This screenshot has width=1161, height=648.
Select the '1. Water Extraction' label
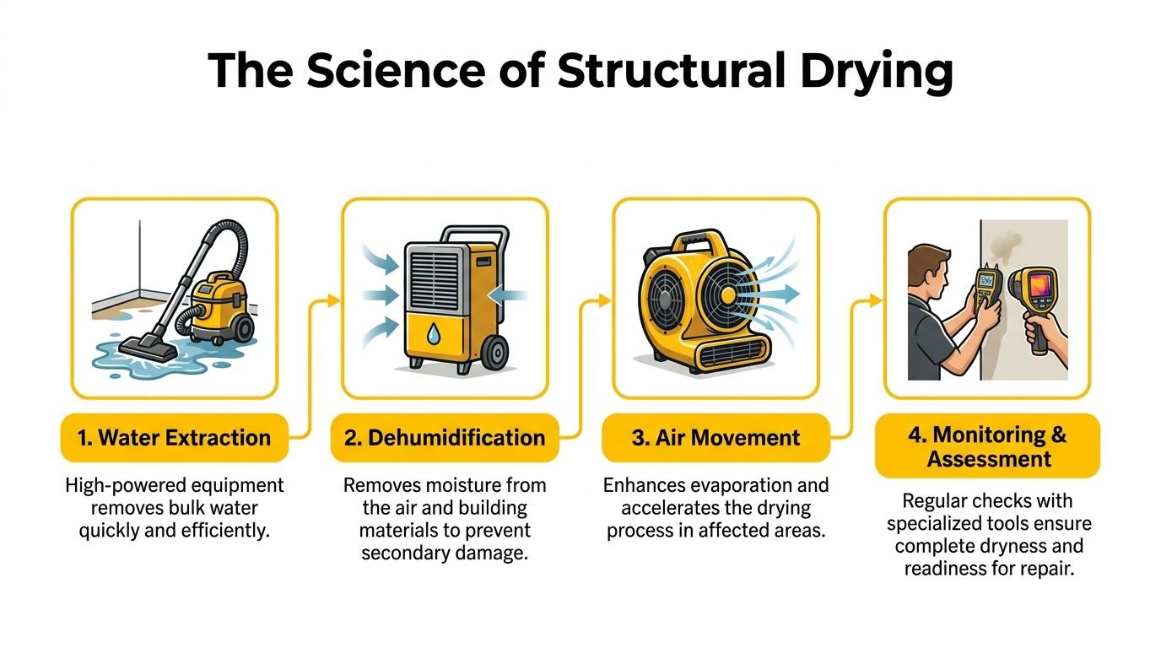pos(174,438)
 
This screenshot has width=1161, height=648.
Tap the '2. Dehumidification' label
pos(444,438)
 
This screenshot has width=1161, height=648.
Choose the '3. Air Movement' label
pos(715,438)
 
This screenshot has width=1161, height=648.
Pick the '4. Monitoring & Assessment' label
pos(987,446)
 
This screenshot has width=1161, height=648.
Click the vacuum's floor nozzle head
pos(148,345)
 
